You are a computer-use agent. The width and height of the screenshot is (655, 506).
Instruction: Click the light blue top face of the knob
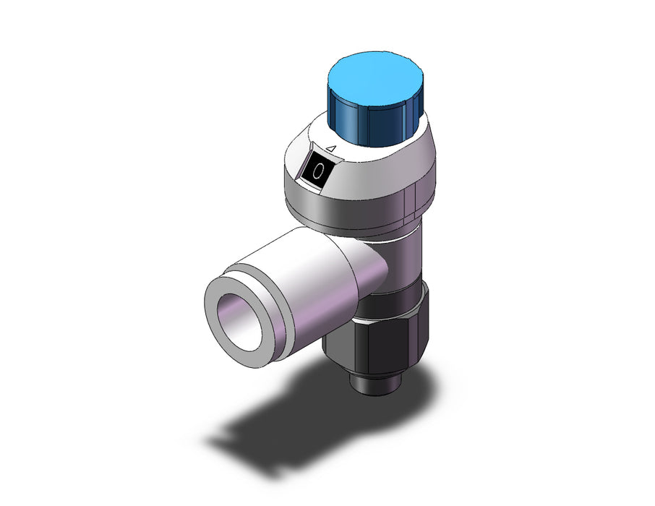tap(375, 80)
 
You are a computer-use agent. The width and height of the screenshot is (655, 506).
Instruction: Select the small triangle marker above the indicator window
tap(332, 148)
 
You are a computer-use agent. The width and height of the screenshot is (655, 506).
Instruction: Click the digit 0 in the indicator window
tap(319, 170)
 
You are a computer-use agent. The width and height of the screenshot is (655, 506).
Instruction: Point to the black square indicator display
tap(318, 170)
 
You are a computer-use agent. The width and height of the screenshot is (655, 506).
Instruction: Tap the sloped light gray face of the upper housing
tap(367, 176)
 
